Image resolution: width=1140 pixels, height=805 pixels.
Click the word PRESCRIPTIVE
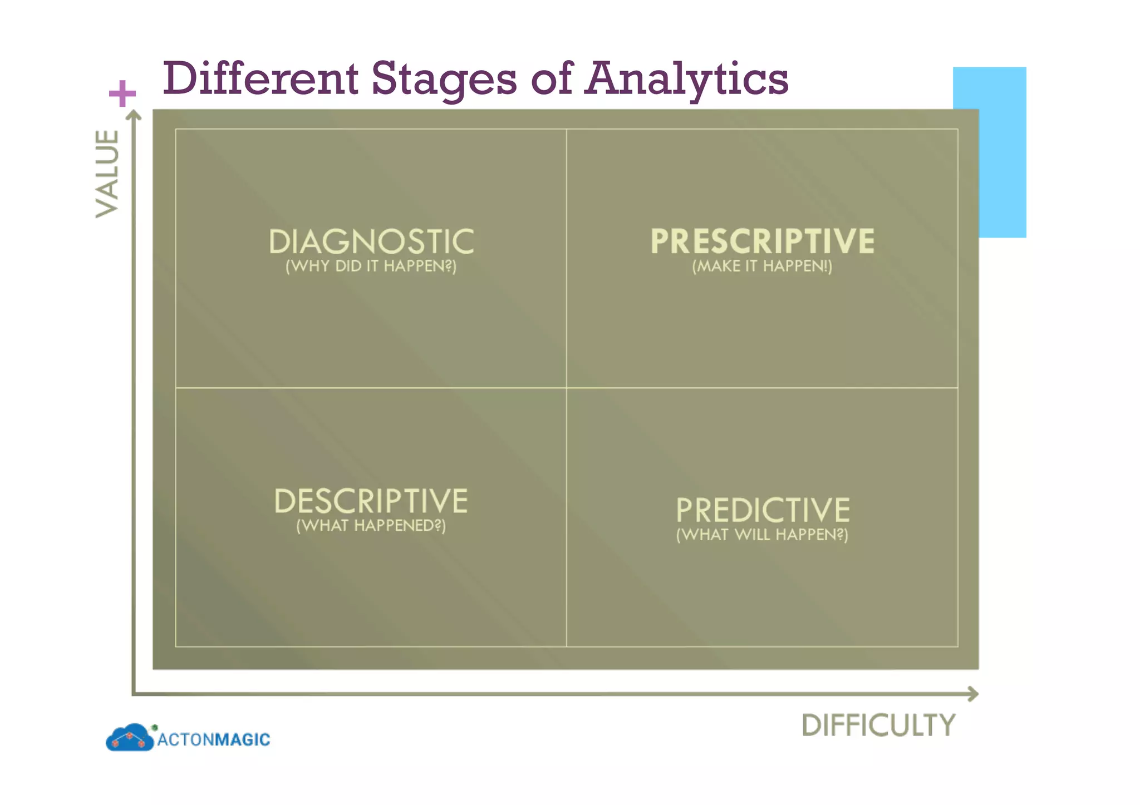[x=762, y=241]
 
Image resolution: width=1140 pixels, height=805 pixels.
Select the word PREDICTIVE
[x=763, y=510]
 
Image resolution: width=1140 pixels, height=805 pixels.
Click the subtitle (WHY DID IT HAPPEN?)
[x=371, y=266]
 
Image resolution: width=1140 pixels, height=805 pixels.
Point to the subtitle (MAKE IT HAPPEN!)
[x=762, y=266]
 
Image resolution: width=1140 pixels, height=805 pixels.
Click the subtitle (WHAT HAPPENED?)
[x=371, y=526]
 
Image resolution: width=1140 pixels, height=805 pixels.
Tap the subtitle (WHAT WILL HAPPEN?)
[x=762, y=535]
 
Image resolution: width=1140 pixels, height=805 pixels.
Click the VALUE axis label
[x=107, y=174]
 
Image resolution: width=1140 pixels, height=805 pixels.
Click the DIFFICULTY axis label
[x=878, y=725]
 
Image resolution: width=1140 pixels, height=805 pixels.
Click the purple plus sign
[x=122, y=93]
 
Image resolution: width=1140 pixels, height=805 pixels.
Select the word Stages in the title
[x=444, y=79]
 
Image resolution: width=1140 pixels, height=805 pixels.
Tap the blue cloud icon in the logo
[x=129, y=738]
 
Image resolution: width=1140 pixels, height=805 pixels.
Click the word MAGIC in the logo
[x=242, y=739]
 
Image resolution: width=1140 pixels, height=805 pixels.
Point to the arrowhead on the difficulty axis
[x=973, y=694]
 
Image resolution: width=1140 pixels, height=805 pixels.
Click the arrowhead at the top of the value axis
[x=134, y=115]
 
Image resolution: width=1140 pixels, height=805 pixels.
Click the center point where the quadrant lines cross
[x=567, y=388]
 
